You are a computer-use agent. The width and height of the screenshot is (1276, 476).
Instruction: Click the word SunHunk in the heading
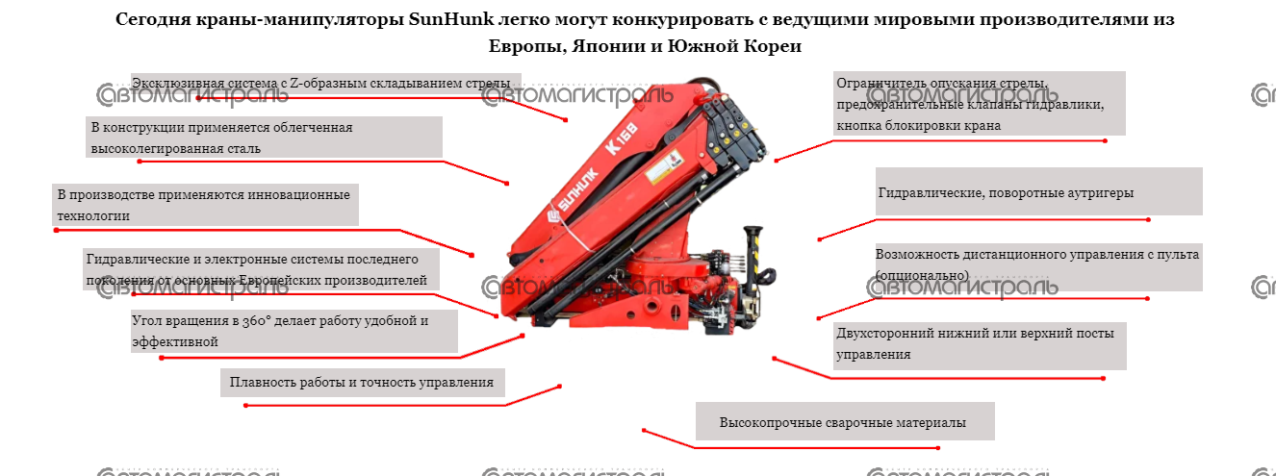(x=450, y=19)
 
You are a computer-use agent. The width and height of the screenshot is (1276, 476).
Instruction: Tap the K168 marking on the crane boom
(x=622, y=138)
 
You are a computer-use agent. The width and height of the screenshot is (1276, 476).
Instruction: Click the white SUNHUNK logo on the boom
(x=572, y=197)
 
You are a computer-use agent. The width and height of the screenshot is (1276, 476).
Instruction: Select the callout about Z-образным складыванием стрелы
(x=326, y=83)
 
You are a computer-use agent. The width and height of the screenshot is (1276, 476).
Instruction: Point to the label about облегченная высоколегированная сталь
(x=264, y=138)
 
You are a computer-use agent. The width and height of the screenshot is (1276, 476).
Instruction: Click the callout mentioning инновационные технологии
(x=205, y=205)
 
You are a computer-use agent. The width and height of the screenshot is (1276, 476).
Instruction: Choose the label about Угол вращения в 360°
(x=293, y=331)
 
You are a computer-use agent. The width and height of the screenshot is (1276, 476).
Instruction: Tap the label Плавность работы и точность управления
(x=362, y=382)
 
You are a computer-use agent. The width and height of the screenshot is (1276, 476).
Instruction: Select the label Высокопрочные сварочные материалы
(x=845, y=422)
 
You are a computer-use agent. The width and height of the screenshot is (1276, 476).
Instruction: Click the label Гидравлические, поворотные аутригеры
(x=1038, y=192)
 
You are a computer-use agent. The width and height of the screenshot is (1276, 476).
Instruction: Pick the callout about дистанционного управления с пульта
(x=1038, y=264)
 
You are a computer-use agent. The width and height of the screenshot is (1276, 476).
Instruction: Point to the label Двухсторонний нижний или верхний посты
(x=980, y=343)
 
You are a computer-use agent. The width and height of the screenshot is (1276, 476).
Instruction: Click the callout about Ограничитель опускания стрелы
(x=980, y=104)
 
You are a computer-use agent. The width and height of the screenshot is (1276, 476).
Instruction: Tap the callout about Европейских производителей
(x=262, y=269)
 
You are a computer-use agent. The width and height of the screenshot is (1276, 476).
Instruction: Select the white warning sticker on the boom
(x=665, y=165)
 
